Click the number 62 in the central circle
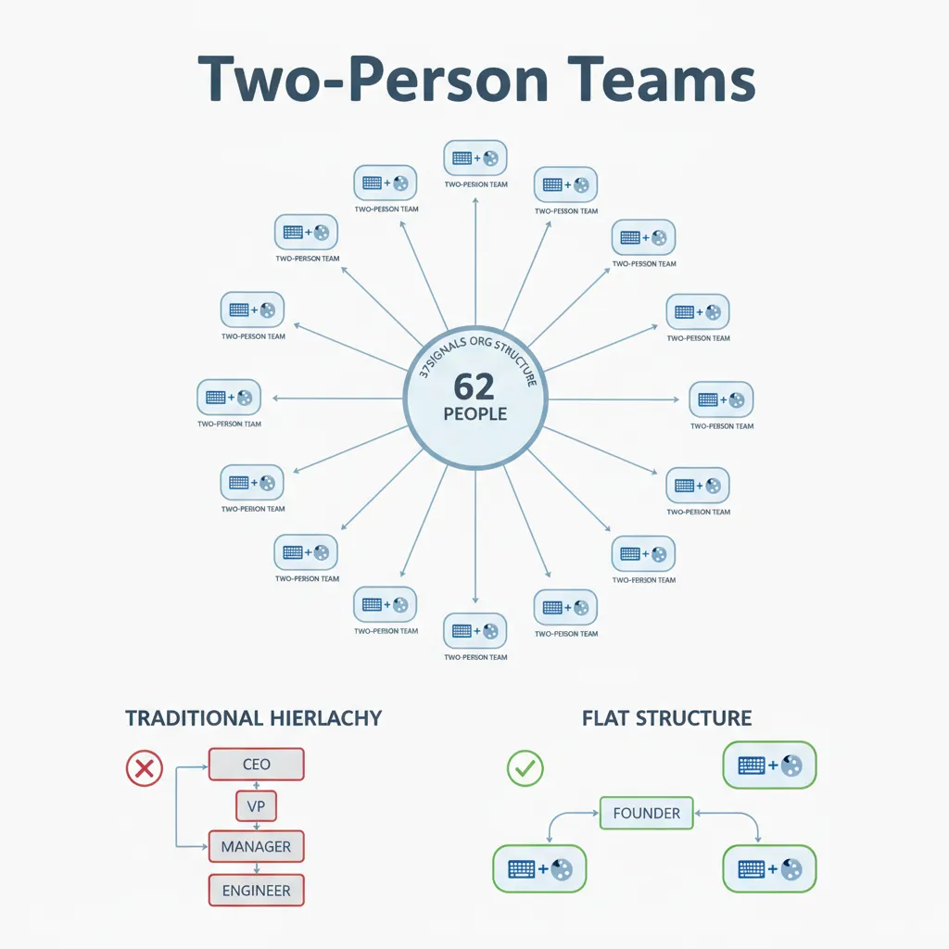[x=474, y=386]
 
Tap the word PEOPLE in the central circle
[x=474, y=413]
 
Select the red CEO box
[x=257, y=765]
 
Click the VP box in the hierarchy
[x=257, y=806]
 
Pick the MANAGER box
[x=257, y=846]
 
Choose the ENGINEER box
[x=257, y=891]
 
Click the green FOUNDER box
[x=647, y=813]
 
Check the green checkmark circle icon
[x=525, y=767]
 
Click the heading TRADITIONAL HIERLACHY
[x=253, y=718]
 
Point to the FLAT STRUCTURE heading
[x=666, y=718]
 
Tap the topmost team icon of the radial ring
[x=475, y=158]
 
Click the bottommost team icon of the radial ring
[x=475, y=631]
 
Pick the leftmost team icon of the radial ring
[x=229, y=397]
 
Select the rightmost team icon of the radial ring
[x=722, y=399]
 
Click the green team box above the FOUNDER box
[x=769, y=765]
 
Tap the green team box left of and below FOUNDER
[x=539, y=869]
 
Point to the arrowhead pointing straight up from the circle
[x=475, y=200]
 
